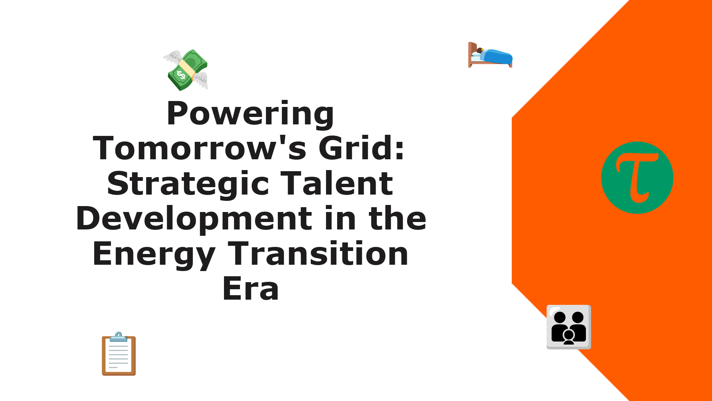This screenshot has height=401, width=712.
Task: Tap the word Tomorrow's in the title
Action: tap(200, 148)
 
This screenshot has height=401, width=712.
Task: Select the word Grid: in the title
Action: tap(361, 148)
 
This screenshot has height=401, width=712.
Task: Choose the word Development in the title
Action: tap(194, 219)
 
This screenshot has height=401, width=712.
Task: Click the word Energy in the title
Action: tap(154, 255)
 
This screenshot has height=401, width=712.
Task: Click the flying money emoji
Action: tap(185, 70)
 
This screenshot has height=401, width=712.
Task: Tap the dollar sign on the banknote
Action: tap(181, 75)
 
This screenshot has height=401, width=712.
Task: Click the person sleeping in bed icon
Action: tap(490, 55)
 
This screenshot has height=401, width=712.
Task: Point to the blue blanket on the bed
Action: tap(497, 57)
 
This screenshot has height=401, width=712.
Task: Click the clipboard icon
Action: tap(119, 354)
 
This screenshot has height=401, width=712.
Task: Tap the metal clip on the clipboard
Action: tap(119, 337)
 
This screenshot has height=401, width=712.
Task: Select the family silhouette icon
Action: tap(568, 327)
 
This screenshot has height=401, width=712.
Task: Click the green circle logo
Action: tap(637, 178)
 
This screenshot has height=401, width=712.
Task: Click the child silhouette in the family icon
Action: tap(568, 337)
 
